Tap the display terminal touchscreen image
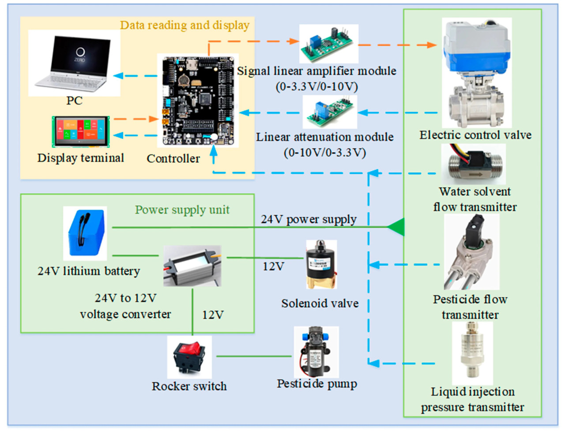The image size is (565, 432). click(81, 131)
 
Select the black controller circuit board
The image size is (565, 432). click(198, 101)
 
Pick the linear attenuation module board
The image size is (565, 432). click(330, 112)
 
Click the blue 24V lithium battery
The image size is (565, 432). click(85, 233)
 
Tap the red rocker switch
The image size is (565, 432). click(189, 357)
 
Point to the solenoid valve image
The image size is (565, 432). click(321, 264)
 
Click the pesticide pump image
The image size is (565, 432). click(316, 352)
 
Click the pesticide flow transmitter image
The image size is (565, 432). click(471, 252)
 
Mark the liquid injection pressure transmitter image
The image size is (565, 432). click(472, 353)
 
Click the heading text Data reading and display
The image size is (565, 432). click(185, 25)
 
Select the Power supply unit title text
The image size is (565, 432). click(182, 210)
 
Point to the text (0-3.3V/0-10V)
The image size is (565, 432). click(316, 86)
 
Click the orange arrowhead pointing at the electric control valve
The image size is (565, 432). click(432, 45)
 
